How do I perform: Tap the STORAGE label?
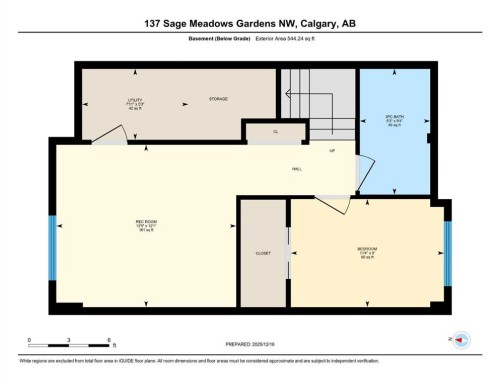[219, 100]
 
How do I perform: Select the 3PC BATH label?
[393, 116]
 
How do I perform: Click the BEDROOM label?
[367, 249]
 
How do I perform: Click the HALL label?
[298, 169]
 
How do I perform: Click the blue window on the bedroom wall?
[447, 248]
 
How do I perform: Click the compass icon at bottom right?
[461, 341]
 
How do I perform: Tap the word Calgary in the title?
[311, 23]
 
